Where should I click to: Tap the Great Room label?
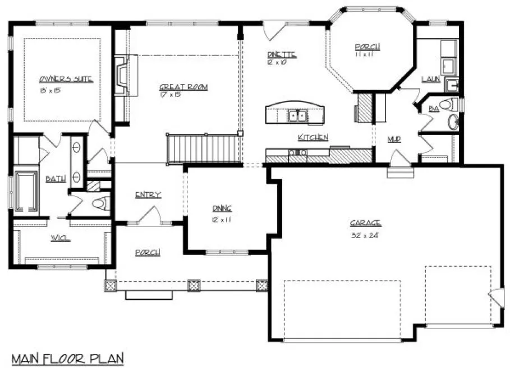tap(183, 87)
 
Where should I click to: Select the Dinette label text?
tap(281, 54)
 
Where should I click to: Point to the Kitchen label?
tap(313, 137)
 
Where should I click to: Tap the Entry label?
tap(148, 194)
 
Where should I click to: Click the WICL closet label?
tap(61, 238)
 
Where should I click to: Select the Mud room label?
tap(394, 139)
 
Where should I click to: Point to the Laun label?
tap(430, 80)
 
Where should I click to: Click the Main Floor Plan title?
tap(67, 358)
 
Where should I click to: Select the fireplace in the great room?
tap(123, 75)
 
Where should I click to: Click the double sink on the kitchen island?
tap(296, 116)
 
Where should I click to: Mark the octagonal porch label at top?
tap(367, 48)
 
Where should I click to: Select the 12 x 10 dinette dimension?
tap(277, 62)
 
